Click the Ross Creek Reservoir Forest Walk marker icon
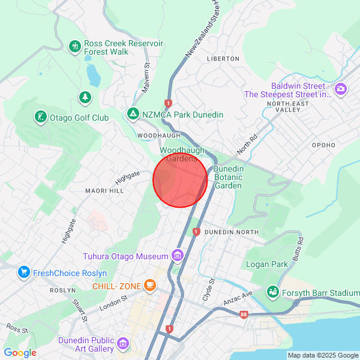pos(75,46)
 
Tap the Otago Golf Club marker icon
pos(40,117)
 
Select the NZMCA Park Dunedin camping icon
pos(133,114)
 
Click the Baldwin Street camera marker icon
pos(341,89)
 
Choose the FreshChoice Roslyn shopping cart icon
pos(24,272)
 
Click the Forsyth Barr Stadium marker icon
pos(273,292)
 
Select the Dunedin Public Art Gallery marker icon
pos(123,344)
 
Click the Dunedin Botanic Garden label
pos(229,178)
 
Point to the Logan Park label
pos(263,264)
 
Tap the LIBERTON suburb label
pos(223,59)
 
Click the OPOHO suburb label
pos(324,145)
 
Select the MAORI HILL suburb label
pos(104,191)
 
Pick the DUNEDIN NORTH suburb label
pos(231,232)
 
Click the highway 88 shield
pos(243,314)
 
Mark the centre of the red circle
pos(180,181)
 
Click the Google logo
pos(20,353)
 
